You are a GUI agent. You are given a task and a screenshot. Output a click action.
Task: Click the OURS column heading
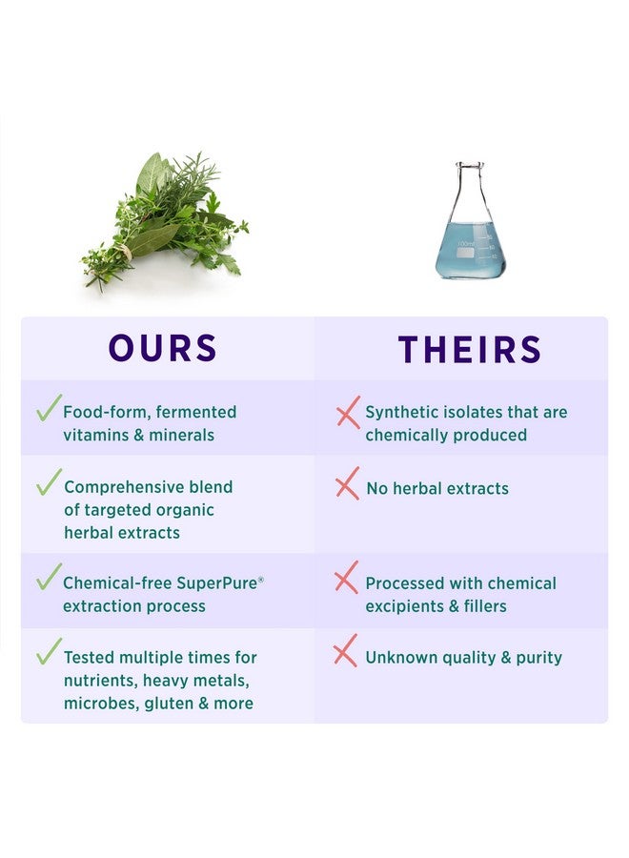pos(163,348)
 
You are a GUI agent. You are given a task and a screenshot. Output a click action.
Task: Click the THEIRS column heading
pos(469,349)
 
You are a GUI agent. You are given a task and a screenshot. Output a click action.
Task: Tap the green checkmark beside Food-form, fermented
pos(48,408)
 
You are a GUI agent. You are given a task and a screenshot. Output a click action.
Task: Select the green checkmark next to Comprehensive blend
pos(49,481)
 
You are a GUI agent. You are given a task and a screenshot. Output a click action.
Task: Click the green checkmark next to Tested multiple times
pos(49,652)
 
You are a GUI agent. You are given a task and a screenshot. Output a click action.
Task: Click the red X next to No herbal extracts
pos(347,484)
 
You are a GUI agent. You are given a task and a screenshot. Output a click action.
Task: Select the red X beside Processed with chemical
pos(347,578)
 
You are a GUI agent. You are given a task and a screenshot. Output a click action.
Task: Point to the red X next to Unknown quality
pos(345,652)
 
